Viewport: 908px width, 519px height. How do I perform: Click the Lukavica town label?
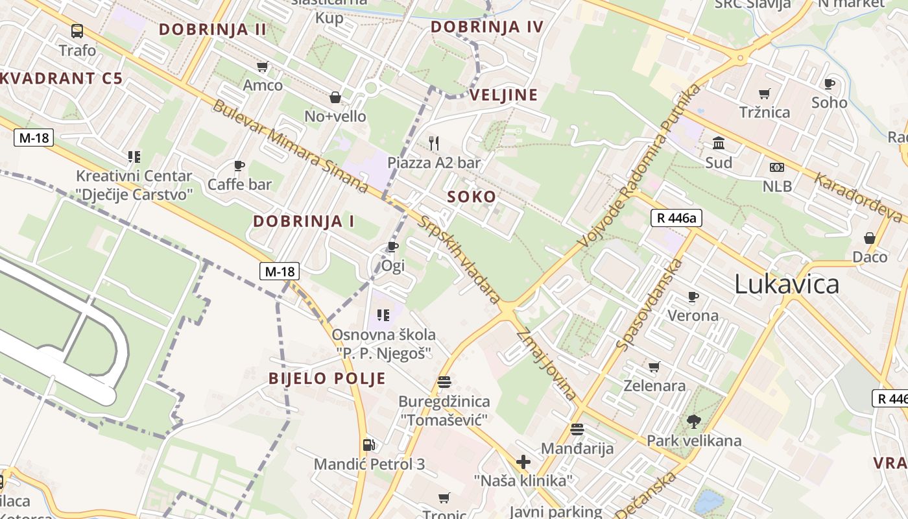coord(787,284)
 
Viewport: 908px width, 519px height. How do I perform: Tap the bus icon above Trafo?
coord(77,30)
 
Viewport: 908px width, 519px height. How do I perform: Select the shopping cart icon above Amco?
coord(263,66)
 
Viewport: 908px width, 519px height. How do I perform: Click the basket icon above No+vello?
coord(335,97)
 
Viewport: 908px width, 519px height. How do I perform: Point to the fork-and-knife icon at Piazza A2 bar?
coord(434,143)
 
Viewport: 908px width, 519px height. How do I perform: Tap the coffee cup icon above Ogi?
coord(392,247)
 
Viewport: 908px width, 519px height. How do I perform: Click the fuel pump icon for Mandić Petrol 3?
coord(368,445)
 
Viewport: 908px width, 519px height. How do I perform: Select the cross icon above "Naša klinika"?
coord(523,462)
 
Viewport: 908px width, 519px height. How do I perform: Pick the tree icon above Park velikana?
coord(693,422)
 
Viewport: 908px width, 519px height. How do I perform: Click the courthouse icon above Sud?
coord(719,143)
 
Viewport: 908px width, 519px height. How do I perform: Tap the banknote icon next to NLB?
coord(777,167)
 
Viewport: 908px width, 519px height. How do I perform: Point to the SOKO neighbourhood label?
coord(472,197)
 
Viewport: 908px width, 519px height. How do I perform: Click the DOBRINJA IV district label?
coord(486,27)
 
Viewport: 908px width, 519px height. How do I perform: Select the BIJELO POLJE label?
coord(328,379)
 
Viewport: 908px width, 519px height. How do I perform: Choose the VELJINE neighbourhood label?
coord(503,95)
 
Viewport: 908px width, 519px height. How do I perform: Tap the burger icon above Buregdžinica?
coord(444,381)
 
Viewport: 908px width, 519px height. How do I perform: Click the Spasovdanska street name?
coord(650,304)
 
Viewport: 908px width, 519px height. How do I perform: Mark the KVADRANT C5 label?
coord(62,79)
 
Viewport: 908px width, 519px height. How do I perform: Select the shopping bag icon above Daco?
coord(870,238)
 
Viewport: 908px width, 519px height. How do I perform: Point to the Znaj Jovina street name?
coord(546,365)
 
